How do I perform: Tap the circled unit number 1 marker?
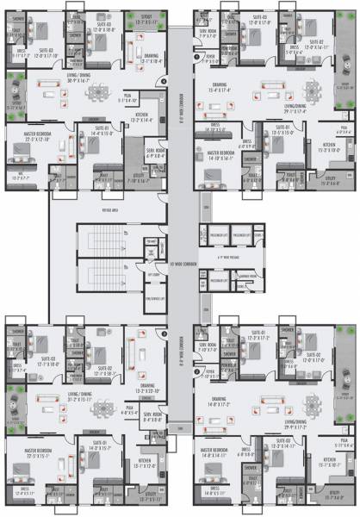(197, 57)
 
